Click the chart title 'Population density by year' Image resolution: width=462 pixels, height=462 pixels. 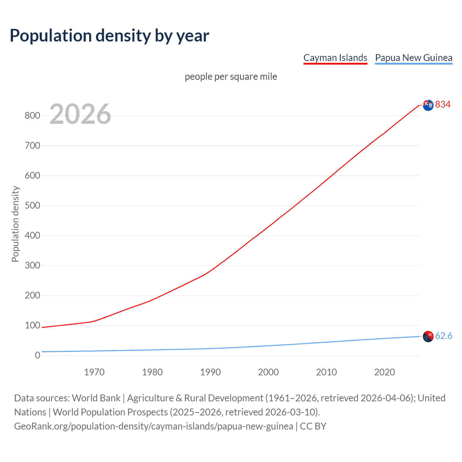pyautogui.click(x=109, y=35)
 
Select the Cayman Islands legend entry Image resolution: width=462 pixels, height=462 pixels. pyautogui.click(x=335, y=58)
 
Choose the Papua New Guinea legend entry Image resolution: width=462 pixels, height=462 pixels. pyautogui.click(x=414, y=58)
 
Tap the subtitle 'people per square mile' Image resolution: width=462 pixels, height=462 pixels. pyautogui.click(x=231, y=77)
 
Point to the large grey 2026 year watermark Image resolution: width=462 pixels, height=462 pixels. pyautogui.click(x=80, y=114)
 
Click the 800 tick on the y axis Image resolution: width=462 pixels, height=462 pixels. pyautogui.click(x=32, y=116)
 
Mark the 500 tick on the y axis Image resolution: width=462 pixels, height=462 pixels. pyautogui.click(x=32, y=206)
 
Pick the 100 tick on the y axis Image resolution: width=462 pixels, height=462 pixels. pyautogui.click(x=32, y=326)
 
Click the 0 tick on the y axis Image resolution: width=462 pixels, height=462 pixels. pyautogui.click(x=37, y=356)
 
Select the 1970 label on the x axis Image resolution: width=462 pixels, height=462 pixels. pyautogui.click(x=94, y=372)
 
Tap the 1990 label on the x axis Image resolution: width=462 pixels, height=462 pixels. pyautogui.click(x=210, y=372)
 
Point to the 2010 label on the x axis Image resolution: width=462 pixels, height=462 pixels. pyautogui.click(x=326, y=372)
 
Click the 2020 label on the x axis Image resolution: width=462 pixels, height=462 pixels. pyautogui.click(x=384, y=372)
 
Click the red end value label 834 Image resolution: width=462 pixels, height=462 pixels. pyautogui.click(x=443, y=105)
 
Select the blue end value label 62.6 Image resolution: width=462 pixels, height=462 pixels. pyautogui.click(x=444, y=336)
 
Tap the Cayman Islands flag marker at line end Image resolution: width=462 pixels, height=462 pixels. pyautogui.click(x=428, y=105)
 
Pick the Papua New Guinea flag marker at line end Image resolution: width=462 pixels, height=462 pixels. pyautogui.click(x=428, y=336)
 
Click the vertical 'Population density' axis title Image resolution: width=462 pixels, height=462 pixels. pyautogui.click(x=15, y=224)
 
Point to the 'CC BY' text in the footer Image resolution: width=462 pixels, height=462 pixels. pyautogui.click(x=313, y=426)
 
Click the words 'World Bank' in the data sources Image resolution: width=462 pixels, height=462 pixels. pyautogui.click(x=96, y=398)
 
